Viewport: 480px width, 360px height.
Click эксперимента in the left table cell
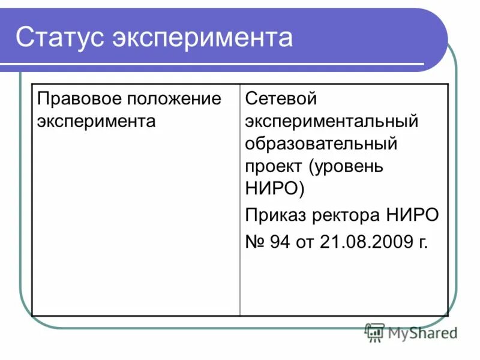tap(96, 121)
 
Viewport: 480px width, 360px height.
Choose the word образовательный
tap(321, 144)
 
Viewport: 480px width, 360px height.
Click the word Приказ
tap(275, 215)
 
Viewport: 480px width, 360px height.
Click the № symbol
tap(256, 242)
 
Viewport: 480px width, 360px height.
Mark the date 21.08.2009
tap(366, 242)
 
